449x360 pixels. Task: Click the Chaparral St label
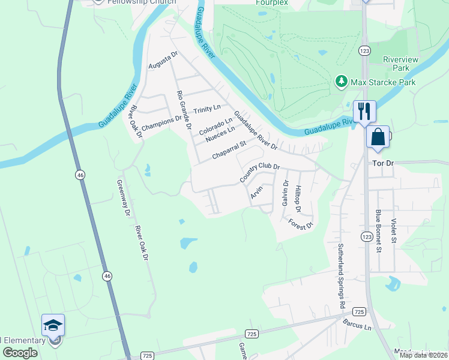[229, 151]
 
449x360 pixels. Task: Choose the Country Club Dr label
[260, 172]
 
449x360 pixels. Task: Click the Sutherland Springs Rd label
[340, 277]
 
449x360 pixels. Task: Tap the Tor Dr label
[382, 164]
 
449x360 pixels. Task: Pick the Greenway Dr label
[124, 198]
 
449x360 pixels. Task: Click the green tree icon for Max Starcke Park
[341, 80]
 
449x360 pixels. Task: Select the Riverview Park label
[405, 64]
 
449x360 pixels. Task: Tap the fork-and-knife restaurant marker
[364, 111]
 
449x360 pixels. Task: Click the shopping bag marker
[379, 136]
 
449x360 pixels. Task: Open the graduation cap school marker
[53, 326]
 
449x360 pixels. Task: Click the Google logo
[20, 352]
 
